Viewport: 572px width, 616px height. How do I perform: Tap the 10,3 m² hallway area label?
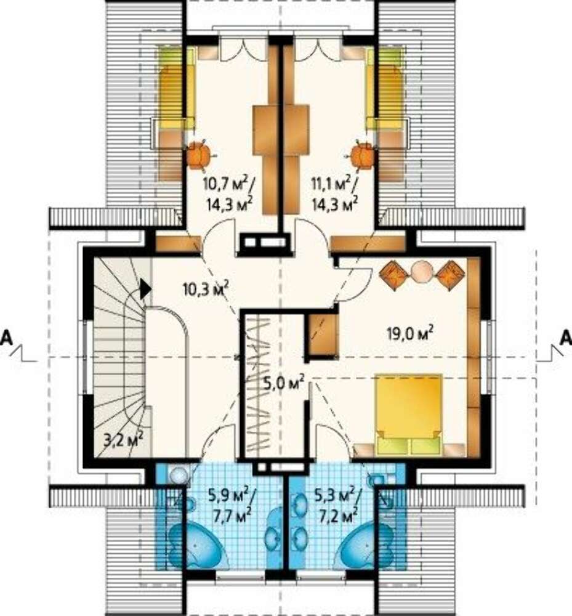pos(206,289)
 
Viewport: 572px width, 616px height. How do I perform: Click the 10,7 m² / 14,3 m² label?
pos(229,193)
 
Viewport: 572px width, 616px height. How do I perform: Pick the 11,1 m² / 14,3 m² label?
pos(334,193)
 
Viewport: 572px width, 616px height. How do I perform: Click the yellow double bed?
pos(409,415)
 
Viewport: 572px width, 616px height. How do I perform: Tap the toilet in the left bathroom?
pos(179,475)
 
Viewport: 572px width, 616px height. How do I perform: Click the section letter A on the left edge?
pos(6,338)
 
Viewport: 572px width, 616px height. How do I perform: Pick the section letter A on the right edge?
pos(566,338)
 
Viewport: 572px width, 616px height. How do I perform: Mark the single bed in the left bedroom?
pos(176,88)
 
